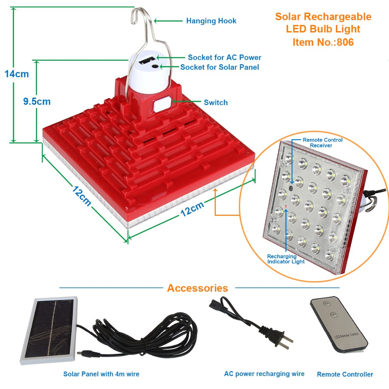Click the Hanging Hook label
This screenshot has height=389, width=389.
point(211,21)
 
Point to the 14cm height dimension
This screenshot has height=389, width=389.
point(17,74)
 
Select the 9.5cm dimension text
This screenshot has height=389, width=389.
point(37,102)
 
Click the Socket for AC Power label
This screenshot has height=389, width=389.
point(224,57)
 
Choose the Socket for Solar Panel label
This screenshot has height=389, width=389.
point(219,67)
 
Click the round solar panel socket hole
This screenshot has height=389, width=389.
point(155,67)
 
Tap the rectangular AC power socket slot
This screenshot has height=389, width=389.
point(147,60)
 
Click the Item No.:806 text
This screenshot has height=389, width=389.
point(323,42)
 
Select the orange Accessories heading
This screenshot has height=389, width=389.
point(198,288)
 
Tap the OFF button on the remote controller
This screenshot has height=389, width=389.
point(333,315)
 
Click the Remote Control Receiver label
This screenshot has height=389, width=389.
point(322,143)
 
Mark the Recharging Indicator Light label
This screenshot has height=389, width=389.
point(286,259)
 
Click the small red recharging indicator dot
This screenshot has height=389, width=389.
point(286,207)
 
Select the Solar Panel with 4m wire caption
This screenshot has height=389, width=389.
point(101,374)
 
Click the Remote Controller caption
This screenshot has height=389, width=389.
point(345,374)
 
